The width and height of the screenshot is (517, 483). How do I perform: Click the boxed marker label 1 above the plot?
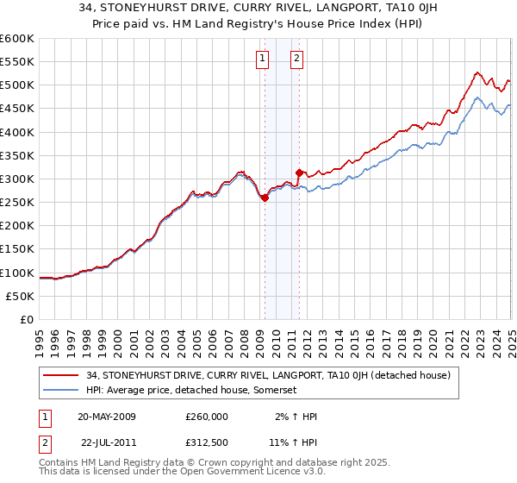261,59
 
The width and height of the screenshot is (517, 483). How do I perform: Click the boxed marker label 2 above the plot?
296,59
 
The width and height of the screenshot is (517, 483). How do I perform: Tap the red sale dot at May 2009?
265,198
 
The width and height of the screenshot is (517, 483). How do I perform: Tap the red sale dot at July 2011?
299,172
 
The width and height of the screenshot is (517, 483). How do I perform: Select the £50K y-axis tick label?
21,296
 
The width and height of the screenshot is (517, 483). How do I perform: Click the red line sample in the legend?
61,375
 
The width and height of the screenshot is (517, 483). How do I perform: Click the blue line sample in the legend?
61,390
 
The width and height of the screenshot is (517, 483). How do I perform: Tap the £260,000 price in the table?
207,417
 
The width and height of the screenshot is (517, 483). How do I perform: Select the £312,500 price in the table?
207,441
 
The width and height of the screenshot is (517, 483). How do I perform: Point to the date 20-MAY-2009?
106,417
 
